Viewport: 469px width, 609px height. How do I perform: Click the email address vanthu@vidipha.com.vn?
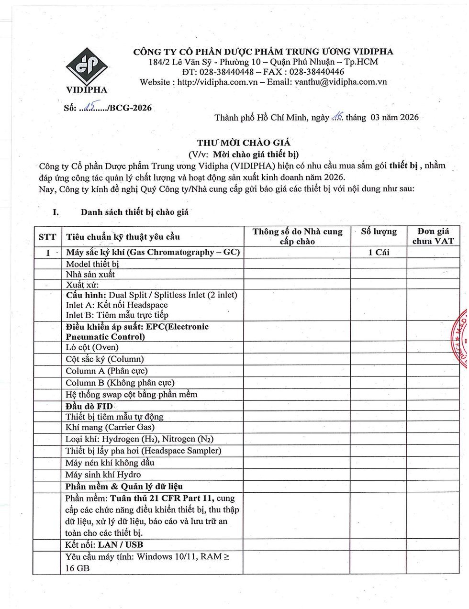point(341,82)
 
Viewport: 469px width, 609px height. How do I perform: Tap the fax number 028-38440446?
point(317,72)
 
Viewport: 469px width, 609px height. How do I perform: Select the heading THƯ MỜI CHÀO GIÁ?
point(244,143)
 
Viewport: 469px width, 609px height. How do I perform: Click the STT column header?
point(47,237)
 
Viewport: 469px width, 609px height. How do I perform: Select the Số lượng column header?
point(379,232)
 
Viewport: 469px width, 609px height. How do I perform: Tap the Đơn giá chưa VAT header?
point(433,236)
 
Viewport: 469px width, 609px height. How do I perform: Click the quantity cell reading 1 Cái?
point(379,252)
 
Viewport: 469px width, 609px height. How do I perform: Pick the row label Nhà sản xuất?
point(90,274)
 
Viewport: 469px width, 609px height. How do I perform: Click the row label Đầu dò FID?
point(89,406)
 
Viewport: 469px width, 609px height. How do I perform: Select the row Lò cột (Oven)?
point(92,347)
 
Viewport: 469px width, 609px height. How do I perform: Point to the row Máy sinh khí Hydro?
point(103,475)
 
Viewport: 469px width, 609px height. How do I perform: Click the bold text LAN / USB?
point(121,544)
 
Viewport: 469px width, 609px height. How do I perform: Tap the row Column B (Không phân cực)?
point(120,383)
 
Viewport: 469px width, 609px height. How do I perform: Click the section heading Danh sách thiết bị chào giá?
point(134,212)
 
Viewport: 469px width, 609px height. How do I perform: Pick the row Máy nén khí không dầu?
point(110,463)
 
